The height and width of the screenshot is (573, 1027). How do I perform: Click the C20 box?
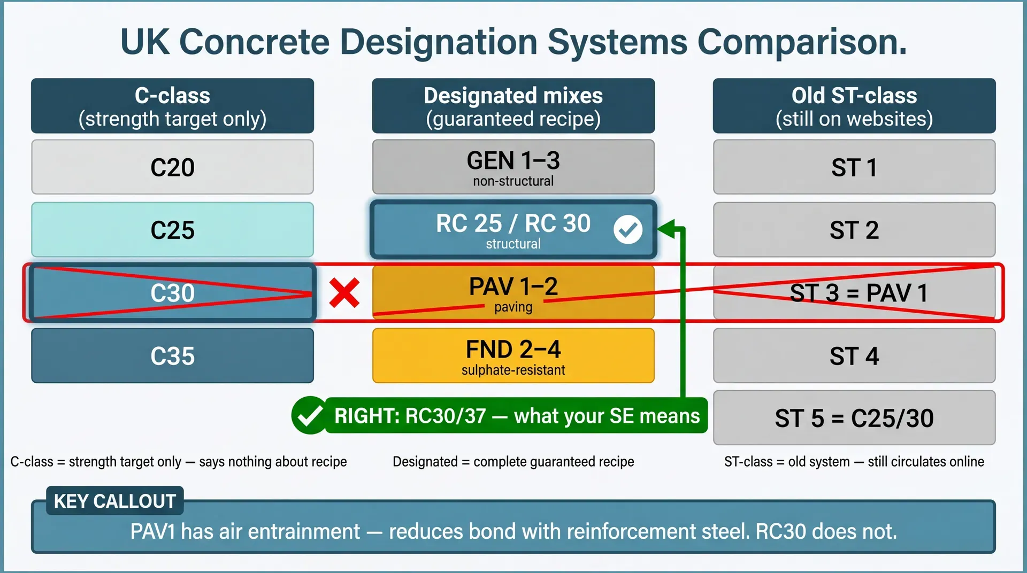(172, 167)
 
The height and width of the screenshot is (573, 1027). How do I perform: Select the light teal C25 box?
(172, 230)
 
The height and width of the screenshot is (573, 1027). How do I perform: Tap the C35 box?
(172, 355)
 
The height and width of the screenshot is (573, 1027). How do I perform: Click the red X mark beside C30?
(344, 293)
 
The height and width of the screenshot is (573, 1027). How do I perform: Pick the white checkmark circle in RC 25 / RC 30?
(627, 230)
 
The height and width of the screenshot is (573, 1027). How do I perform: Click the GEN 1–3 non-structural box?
(513, 167)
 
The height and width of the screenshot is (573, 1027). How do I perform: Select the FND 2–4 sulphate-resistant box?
(513, 355)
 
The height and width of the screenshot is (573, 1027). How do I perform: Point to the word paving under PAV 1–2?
(513, 307)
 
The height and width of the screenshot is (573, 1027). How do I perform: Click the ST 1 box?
(854, 167)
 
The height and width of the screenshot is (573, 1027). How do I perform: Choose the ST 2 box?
(854, 230)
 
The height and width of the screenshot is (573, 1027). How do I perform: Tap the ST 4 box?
(854, 355)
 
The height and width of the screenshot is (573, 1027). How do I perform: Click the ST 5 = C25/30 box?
(854, 418)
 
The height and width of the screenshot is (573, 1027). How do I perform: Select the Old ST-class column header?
(854, 106)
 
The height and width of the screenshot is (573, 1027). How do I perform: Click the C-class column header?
(172, 106)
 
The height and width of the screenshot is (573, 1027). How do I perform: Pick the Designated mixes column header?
(513, 106)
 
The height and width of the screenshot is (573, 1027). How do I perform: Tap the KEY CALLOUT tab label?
(115, 501)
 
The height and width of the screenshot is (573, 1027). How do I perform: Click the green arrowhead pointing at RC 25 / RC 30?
(666, 229)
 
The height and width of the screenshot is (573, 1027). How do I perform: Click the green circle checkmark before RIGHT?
(310, 415)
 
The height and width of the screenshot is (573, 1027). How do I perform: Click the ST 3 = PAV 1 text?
(859, 293)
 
